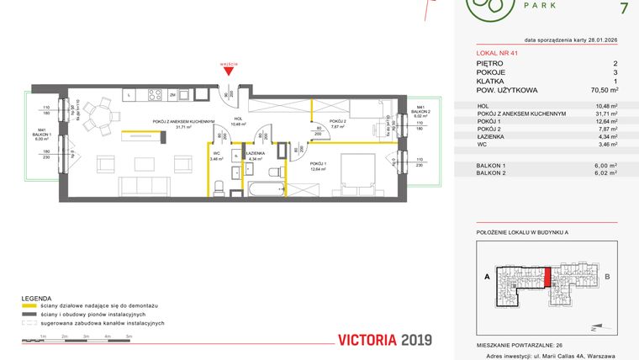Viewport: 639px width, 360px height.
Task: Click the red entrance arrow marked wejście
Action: [x=227, y=70]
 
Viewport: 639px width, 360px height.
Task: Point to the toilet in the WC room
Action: [x=217, y=187]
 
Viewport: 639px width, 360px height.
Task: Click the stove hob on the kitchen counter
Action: [x=155, y=95]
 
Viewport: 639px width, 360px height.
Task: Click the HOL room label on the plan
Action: [x=238, y=119]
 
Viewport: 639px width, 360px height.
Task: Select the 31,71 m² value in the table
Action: [x=605, y=113]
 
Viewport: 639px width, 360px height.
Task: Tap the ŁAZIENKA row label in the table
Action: [x=491, y=135]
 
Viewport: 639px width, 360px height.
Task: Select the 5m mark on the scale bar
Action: [x=129, y=336]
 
